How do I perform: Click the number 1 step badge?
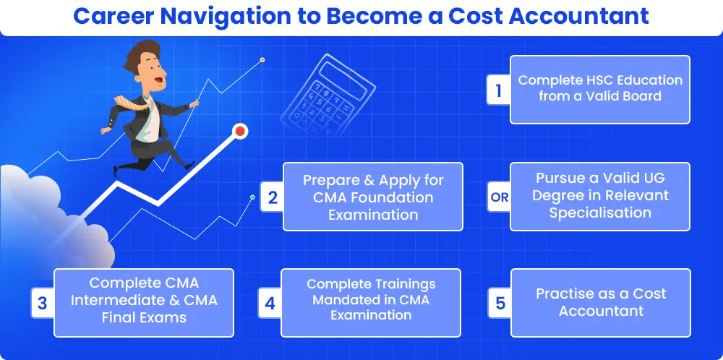point(498,90)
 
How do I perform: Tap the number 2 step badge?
point(272,197)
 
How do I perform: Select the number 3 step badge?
point(43,304)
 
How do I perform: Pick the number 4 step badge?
point(270,304)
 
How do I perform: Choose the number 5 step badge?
point(500,304)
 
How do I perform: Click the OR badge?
point(500,197)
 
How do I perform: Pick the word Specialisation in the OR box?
point(600,213)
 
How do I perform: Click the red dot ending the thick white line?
point(240,132)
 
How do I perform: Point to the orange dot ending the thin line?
point(262,60)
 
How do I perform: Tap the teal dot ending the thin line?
point(252,197)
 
